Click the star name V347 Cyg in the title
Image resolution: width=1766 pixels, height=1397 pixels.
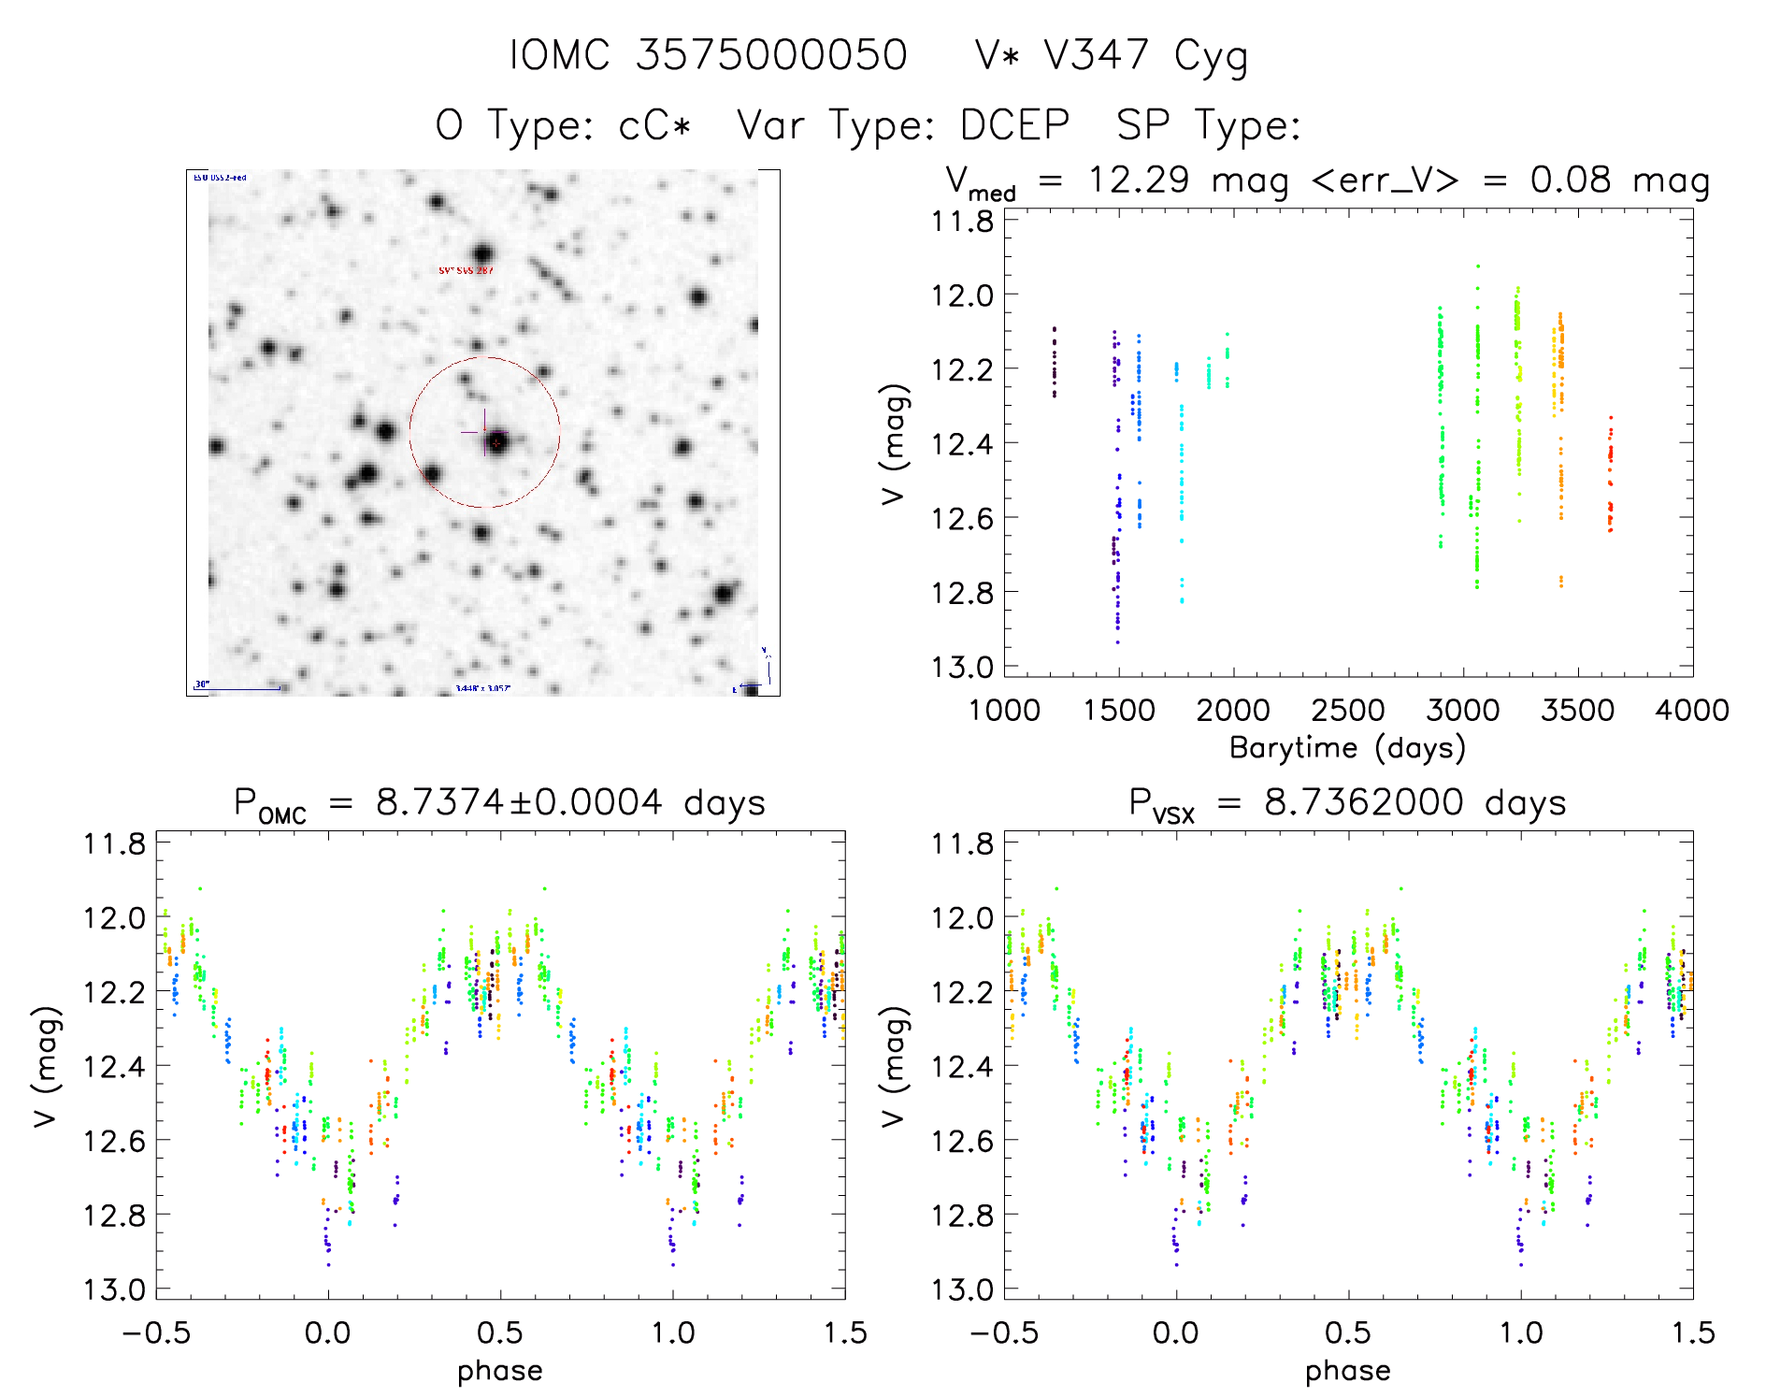point(1145,56)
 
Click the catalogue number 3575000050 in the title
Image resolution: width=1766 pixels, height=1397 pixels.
point(771,56)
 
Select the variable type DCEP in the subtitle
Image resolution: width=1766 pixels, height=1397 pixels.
point(1015,125)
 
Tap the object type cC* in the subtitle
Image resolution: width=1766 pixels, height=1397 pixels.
point(654,125)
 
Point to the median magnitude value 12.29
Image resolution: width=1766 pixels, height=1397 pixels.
point(1139,180)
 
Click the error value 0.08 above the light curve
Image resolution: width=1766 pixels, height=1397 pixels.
point(1571,180)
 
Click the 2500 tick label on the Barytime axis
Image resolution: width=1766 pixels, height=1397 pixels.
point(1348,711)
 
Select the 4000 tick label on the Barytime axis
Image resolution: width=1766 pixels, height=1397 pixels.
point(1692,711)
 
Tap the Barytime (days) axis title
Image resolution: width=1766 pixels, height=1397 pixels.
point(1347,748)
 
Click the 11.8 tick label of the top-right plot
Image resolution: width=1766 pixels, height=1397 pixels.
point(962,222)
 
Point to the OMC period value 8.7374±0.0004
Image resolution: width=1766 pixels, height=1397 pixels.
point(519,802)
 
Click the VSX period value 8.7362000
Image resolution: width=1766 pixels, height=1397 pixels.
point(1364,802)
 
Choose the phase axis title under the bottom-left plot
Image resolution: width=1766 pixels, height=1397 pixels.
point(500,1371)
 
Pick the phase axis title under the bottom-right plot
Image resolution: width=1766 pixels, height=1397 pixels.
point(1348,1371)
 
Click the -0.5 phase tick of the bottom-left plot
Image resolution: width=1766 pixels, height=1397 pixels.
point(156,1333)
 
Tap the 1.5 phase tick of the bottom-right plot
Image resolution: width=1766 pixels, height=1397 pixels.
point(1693,1333)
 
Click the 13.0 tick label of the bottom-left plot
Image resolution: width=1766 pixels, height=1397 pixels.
point(114,1290)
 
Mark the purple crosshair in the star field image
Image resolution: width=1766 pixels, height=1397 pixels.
point(483,431)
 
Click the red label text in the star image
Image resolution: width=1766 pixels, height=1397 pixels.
point(466,270)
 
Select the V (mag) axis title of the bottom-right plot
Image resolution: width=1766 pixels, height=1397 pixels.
point(895,1066)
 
